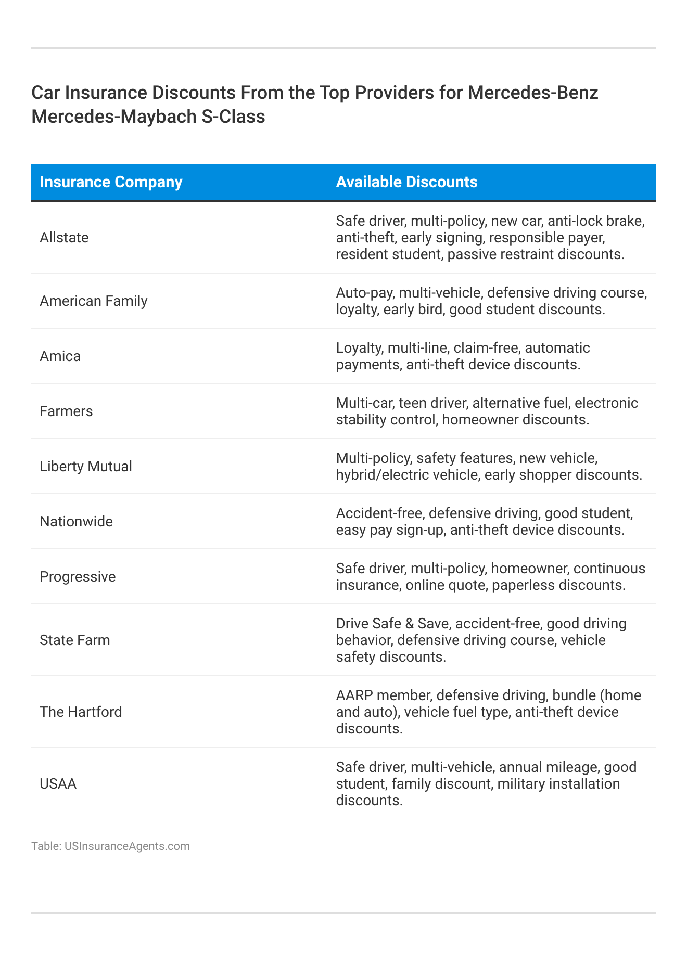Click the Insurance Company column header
(111, 182)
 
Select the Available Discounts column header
(406, 182)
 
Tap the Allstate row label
(64, 238)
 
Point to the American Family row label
(94, 301)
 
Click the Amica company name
(60, 356)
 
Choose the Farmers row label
(66, 411)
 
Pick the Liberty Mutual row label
(86, 467)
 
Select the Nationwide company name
(76, 522)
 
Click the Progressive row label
(78, 577)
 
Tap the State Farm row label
(75, 640)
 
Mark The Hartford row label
(81, 712)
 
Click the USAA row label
(58, 784)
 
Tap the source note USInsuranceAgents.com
(127, 846)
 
